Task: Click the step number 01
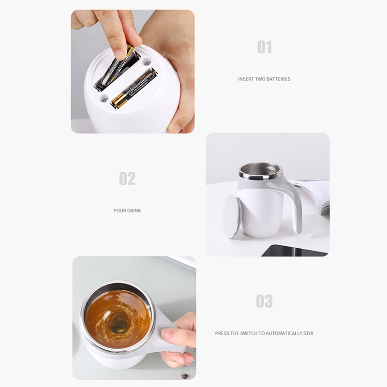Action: [264, 47]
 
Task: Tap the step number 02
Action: [127, 179]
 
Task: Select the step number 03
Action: [264, 301]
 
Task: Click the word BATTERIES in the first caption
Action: [279, 79]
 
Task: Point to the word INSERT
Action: [246, 79]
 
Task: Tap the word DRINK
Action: [134, 210]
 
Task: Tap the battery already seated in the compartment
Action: [134, 88]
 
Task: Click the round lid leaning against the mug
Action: [232, 216]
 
